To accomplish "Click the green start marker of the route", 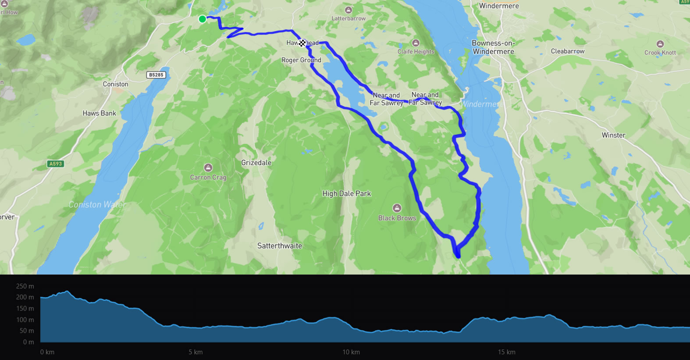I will (202, 19).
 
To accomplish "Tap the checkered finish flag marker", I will (302, 43).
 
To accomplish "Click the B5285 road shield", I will (156, 75).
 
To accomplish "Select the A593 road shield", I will (56, 164).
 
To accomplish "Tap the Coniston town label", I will (115, 84).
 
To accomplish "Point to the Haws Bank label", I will (99, 113).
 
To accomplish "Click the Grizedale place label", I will (256, 163).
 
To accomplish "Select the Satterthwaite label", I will (279, 246).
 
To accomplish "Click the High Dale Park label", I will (346, 193).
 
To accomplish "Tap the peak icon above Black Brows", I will (397, 208).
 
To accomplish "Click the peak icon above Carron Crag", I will (208, 168).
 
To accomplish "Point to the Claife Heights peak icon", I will (416, 43).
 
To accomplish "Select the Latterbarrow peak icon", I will (349, 10).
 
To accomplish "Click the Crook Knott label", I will (660, 53).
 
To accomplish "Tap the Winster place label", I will (613, 135).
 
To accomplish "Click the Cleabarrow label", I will (567, 51).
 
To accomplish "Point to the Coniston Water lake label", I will (97, 205).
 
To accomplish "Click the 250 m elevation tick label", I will (25, 286).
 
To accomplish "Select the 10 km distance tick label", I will (351, 352).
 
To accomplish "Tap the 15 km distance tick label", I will (506, 352).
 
